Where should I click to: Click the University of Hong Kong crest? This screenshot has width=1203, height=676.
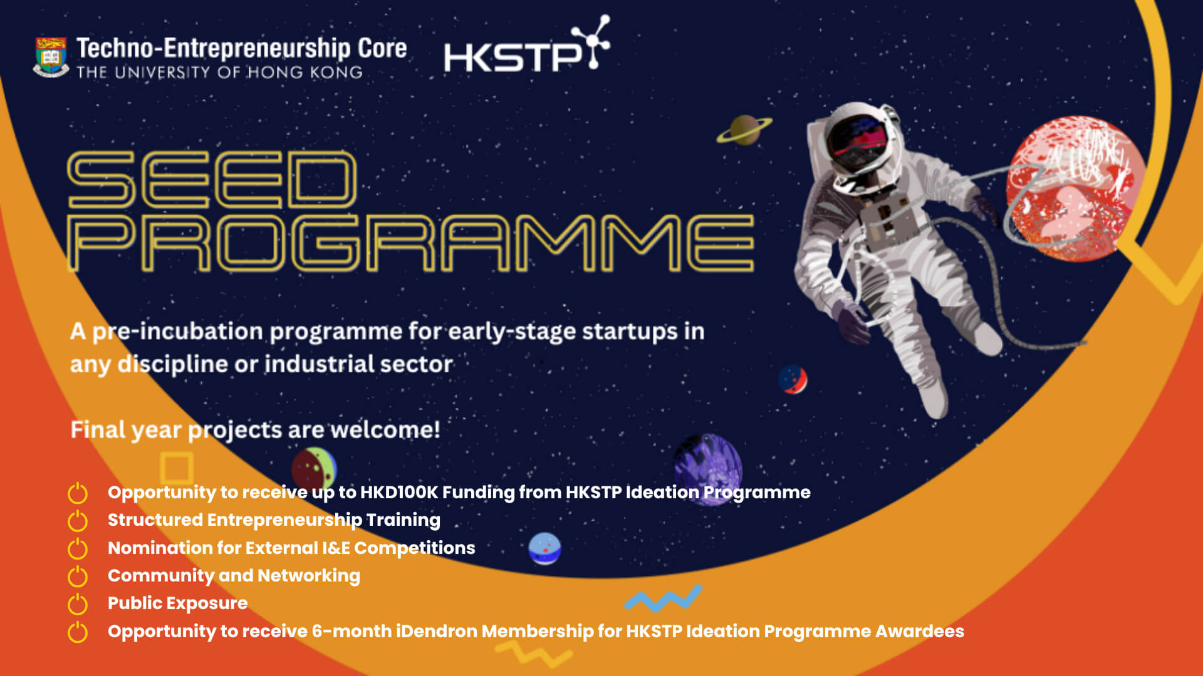click(x=51, y=57)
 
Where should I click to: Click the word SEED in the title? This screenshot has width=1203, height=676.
click(x=212, y=180)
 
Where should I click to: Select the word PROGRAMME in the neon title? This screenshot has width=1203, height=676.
click(x=410, y=243)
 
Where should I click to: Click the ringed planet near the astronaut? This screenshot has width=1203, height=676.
click(x=744, y=130)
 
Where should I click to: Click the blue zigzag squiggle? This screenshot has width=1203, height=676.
click(x=663, y=598)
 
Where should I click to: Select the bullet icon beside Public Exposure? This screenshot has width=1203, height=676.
click(x=78, y=604)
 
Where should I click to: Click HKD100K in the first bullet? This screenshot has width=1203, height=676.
click(x=399, y=493)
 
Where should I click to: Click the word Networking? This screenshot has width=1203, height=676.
click(x=309, y=576)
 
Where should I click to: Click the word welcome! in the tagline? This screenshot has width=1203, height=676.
click(x=385, y=429)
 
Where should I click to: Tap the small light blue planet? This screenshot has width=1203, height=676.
click(x=544, y=548)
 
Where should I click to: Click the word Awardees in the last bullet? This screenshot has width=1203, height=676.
click(x=919, y=631)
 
